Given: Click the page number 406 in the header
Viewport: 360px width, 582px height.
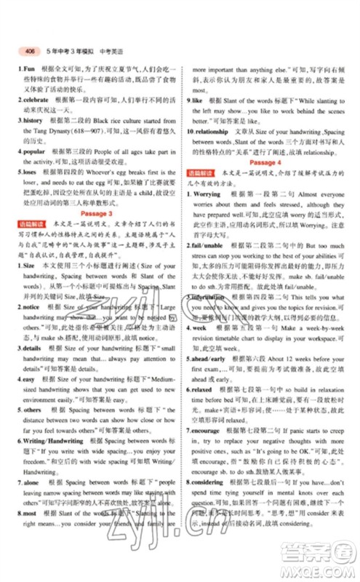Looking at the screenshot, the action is [x=29, y=51].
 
